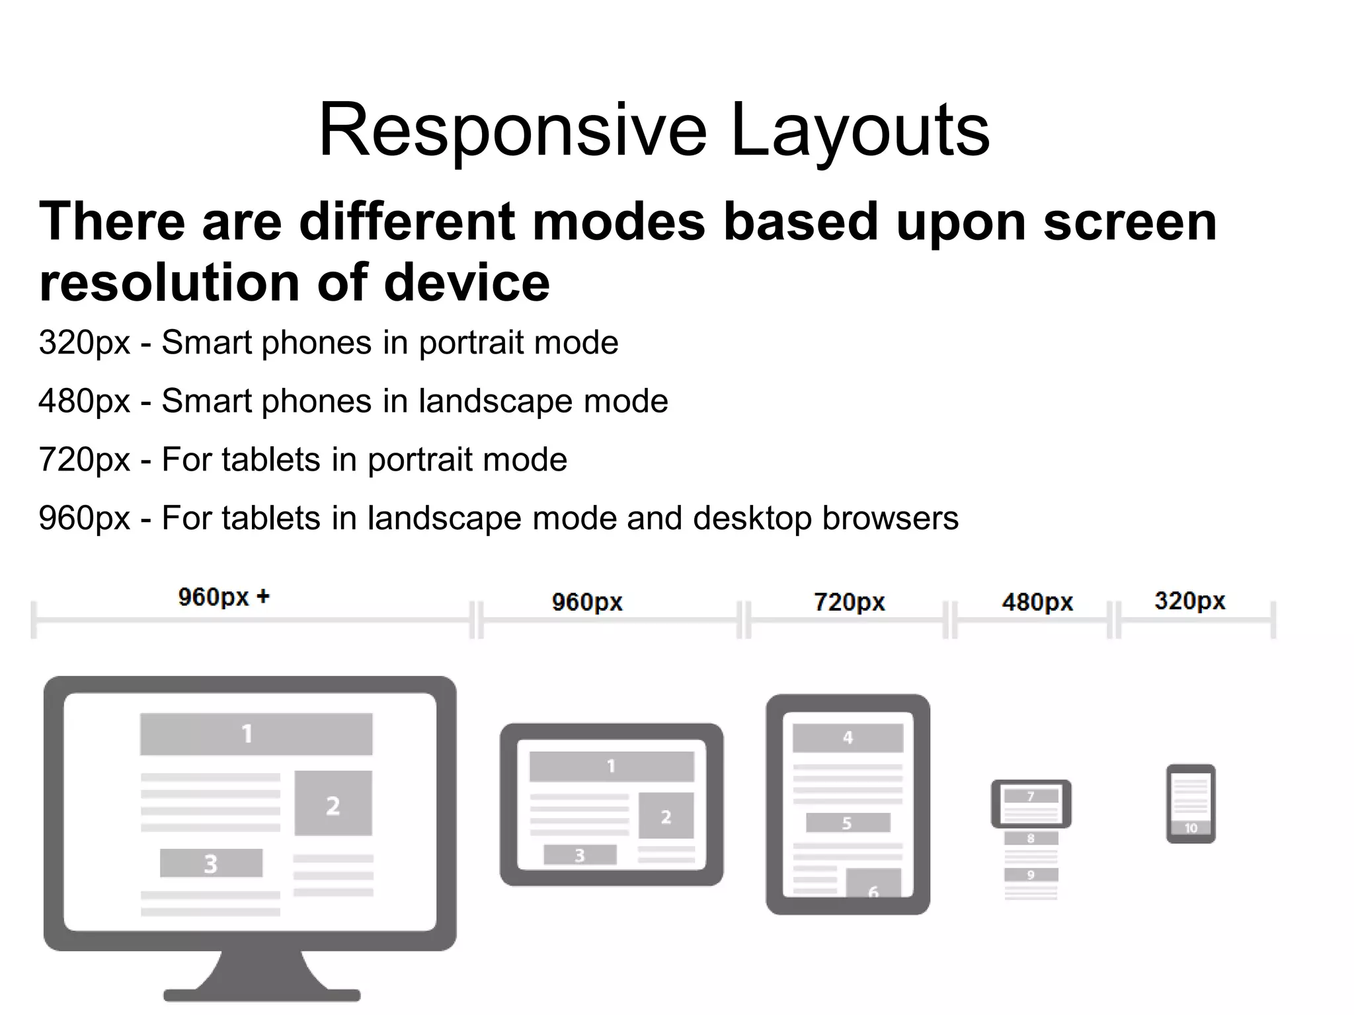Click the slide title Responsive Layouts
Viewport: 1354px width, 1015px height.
point(654,130)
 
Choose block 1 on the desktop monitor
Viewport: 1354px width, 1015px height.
point(256,734)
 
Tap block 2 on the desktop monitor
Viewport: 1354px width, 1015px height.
point(333,804)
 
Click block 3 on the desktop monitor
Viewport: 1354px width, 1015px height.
point(211,863)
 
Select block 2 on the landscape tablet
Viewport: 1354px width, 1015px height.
point(666,817)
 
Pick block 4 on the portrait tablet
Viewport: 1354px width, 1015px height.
point(848,738)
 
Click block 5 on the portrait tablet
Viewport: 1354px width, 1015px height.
point(848,823)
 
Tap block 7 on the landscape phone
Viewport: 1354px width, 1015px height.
point(1031,796)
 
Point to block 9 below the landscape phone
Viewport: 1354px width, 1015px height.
point(1031,875)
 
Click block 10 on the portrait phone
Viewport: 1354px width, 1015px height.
point(1191,828)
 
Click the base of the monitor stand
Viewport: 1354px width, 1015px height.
point(262,995)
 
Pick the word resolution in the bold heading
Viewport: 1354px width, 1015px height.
point(169,283)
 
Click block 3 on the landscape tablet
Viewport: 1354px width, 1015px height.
point(580,855)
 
